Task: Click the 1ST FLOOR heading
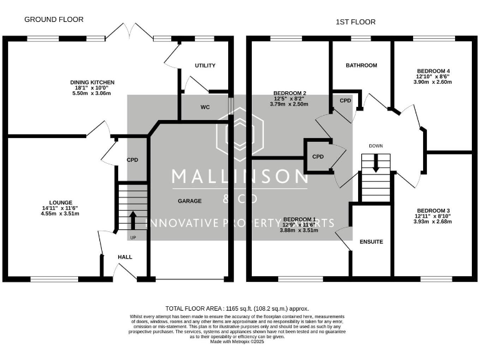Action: pos(356,22)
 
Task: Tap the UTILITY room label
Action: pos(204,66)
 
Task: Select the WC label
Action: pos(205,107)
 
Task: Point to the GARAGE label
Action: pos(189,201)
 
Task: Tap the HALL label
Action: pos(125,257)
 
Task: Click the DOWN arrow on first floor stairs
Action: pos(376,164)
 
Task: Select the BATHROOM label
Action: pos(361,66)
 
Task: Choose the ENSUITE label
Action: pos(371,241)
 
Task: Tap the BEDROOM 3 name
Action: pos(433,210)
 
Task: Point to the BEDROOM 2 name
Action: pos(289,92)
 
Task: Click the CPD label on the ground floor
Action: pos(132,160)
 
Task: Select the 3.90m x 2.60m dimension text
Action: pos(432,81)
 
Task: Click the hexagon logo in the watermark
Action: pos(239,136)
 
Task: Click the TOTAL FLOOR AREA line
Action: pos(237,309)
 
